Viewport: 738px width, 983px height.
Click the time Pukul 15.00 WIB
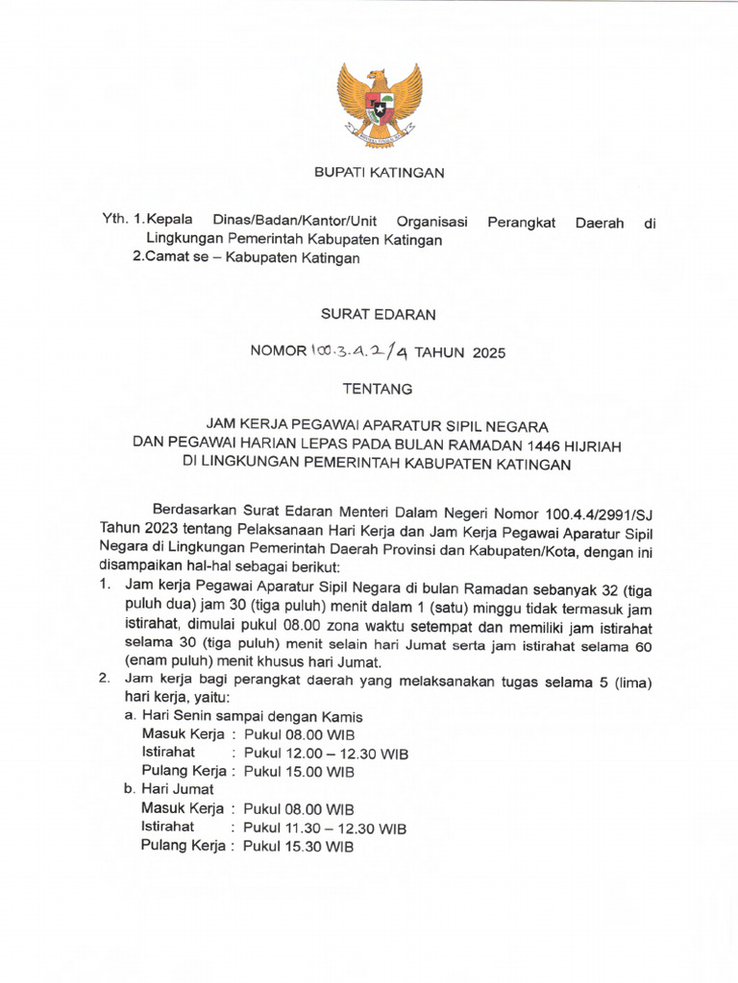pyautogui.click(x=299, y=772)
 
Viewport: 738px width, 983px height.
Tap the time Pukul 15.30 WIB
pyautogui.click(x=299, y=846)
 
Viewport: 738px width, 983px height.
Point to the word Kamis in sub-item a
pyautogui.click(x=343, y=717)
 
